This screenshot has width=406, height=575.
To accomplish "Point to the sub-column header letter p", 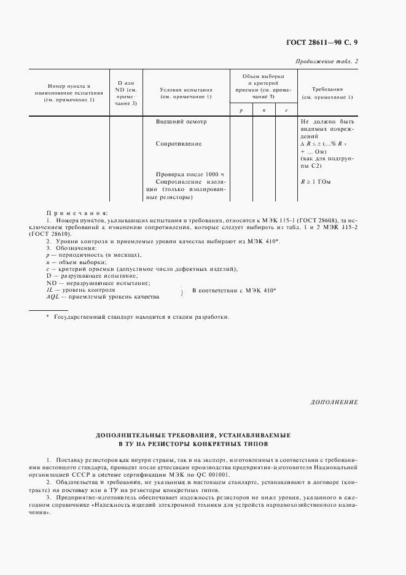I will (x=241, y=109).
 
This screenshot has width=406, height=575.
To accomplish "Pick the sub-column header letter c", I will (x=286, y=109).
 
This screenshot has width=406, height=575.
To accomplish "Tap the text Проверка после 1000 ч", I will (x=189, y=174).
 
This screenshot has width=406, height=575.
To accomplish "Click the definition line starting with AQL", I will (x=103, y=296).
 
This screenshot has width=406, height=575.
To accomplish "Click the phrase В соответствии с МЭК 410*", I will (x=234, y=289).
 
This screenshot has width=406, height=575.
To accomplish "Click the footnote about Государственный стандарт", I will (x=138, y=317).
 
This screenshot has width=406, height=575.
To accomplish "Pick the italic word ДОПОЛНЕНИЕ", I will (x=334, y=402).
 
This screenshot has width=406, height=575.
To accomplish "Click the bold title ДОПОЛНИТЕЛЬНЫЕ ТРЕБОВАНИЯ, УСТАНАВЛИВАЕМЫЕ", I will (x=193, y=434).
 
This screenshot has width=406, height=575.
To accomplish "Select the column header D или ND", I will (x=126, y=93).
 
